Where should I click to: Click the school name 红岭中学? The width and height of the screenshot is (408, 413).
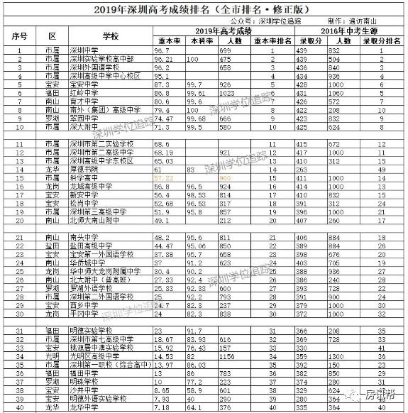pos(79,92)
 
